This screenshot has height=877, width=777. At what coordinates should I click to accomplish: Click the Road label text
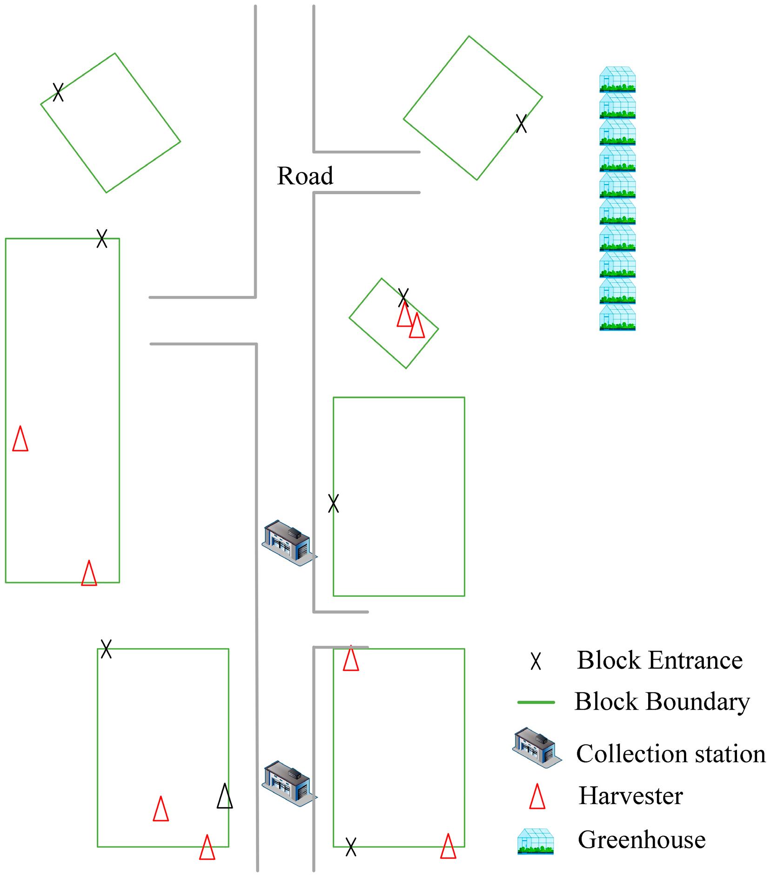click(305, 176)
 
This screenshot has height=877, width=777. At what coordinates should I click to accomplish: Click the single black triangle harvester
click(225, 796)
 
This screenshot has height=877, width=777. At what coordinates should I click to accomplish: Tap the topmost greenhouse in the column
click(617, 79)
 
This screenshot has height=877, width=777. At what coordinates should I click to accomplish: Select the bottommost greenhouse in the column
click(617, 318)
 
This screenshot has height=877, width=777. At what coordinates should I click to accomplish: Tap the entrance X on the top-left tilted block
click(58, 92)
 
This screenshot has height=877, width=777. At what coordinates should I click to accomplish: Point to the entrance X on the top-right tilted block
click(522, 124)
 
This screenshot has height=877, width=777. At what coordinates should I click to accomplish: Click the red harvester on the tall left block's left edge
click(20, 439)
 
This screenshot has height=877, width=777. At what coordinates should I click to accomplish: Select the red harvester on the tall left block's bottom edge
click(89, 573)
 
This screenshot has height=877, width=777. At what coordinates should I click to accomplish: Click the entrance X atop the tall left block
click(102, 238)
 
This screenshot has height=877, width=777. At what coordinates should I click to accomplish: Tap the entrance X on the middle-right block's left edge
click(334, 503)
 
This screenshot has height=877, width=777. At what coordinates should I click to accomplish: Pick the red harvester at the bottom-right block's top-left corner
click(351, 659)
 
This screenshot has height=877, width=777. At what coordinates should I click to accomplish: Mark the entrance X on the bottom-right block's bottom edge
click(351, 847)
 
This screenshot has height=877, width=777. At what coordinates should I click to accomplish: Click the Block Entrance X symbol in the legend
click(536, 661)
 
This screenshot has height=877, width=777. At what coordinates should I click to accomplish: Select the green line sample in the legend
click(536, 702)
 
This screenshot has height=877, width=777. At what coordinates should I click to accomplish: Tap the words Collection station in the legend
click(670, 754)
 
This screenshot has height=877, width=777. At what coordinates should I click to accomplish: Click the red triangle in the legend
click(537, 797)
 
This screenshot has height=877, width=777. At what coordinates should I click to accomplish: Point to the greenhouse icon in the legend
click(536, 841)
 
